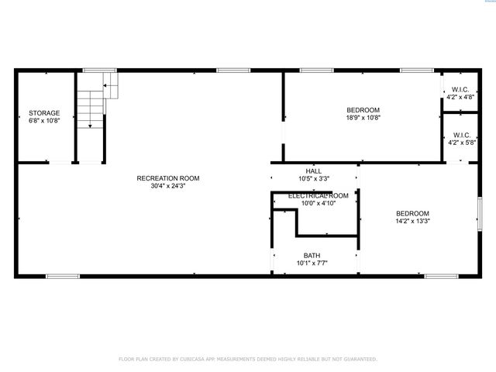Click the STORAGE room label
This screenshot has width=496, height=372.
(x=44, y=113)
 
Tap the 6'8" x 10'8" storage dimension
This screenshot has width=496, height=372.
(x=44, y=121)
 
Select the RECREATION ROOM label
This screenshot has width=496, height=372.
(x=168, y=178)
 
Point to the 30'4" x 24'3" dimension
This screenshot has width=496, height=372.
(x=168, y=186)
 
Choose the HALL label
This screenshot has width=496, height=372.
(x=313, y=171)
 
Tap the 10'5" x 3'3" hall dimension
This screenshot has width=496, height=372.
(x=313, y=179)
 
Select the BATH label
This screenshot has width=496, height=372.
(x=312, y=255)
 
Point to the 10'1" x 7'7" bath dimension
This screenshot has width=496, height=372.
(x=312, y=263)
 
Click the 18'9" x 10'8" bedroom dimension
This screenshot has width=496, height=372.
(x=363, y=118)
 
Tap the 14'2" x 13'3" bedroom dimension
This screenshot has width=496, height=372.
(x=412, y=221)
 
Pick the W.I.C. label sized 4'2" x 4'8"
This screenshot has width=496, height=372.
(x=460, y=90)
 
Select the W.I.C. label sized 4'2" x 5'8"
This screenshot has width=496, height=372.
(x=460, y=135)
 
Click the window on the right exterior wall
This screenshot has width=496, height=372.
(x=480, y=212)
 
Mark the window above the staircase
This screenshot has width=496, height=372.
(x=95, y=71)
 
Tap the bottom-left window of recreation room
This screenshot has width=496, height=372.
(x=63, y=276)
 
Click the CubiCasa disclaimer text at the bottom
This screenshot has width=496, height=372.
(x=248, y=360)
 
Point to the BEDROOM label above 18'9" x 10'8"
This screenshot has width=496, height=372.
(x=363, y=110)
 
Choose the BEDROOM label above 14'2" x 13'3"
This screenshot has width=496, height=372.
(x=412, y=213)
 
